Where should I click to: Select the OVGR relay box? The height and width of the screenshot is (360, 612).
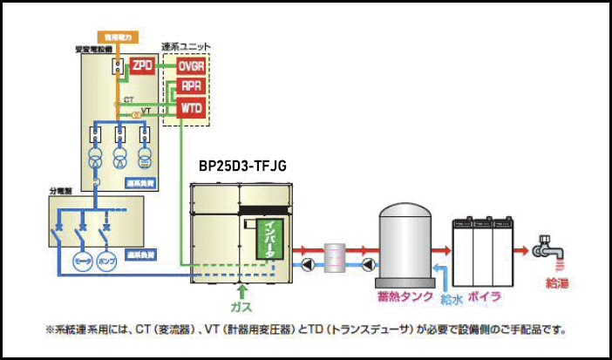click(x=190, y=66)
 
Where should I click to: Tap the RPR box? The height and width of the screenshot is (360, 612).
click(x=190, y=86)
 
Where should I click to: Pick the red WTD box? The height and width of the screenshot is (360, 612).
click(x=190, y=108)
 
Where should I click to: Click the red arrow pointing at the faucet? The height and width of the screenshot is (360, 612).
click(x=523, y=252)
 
